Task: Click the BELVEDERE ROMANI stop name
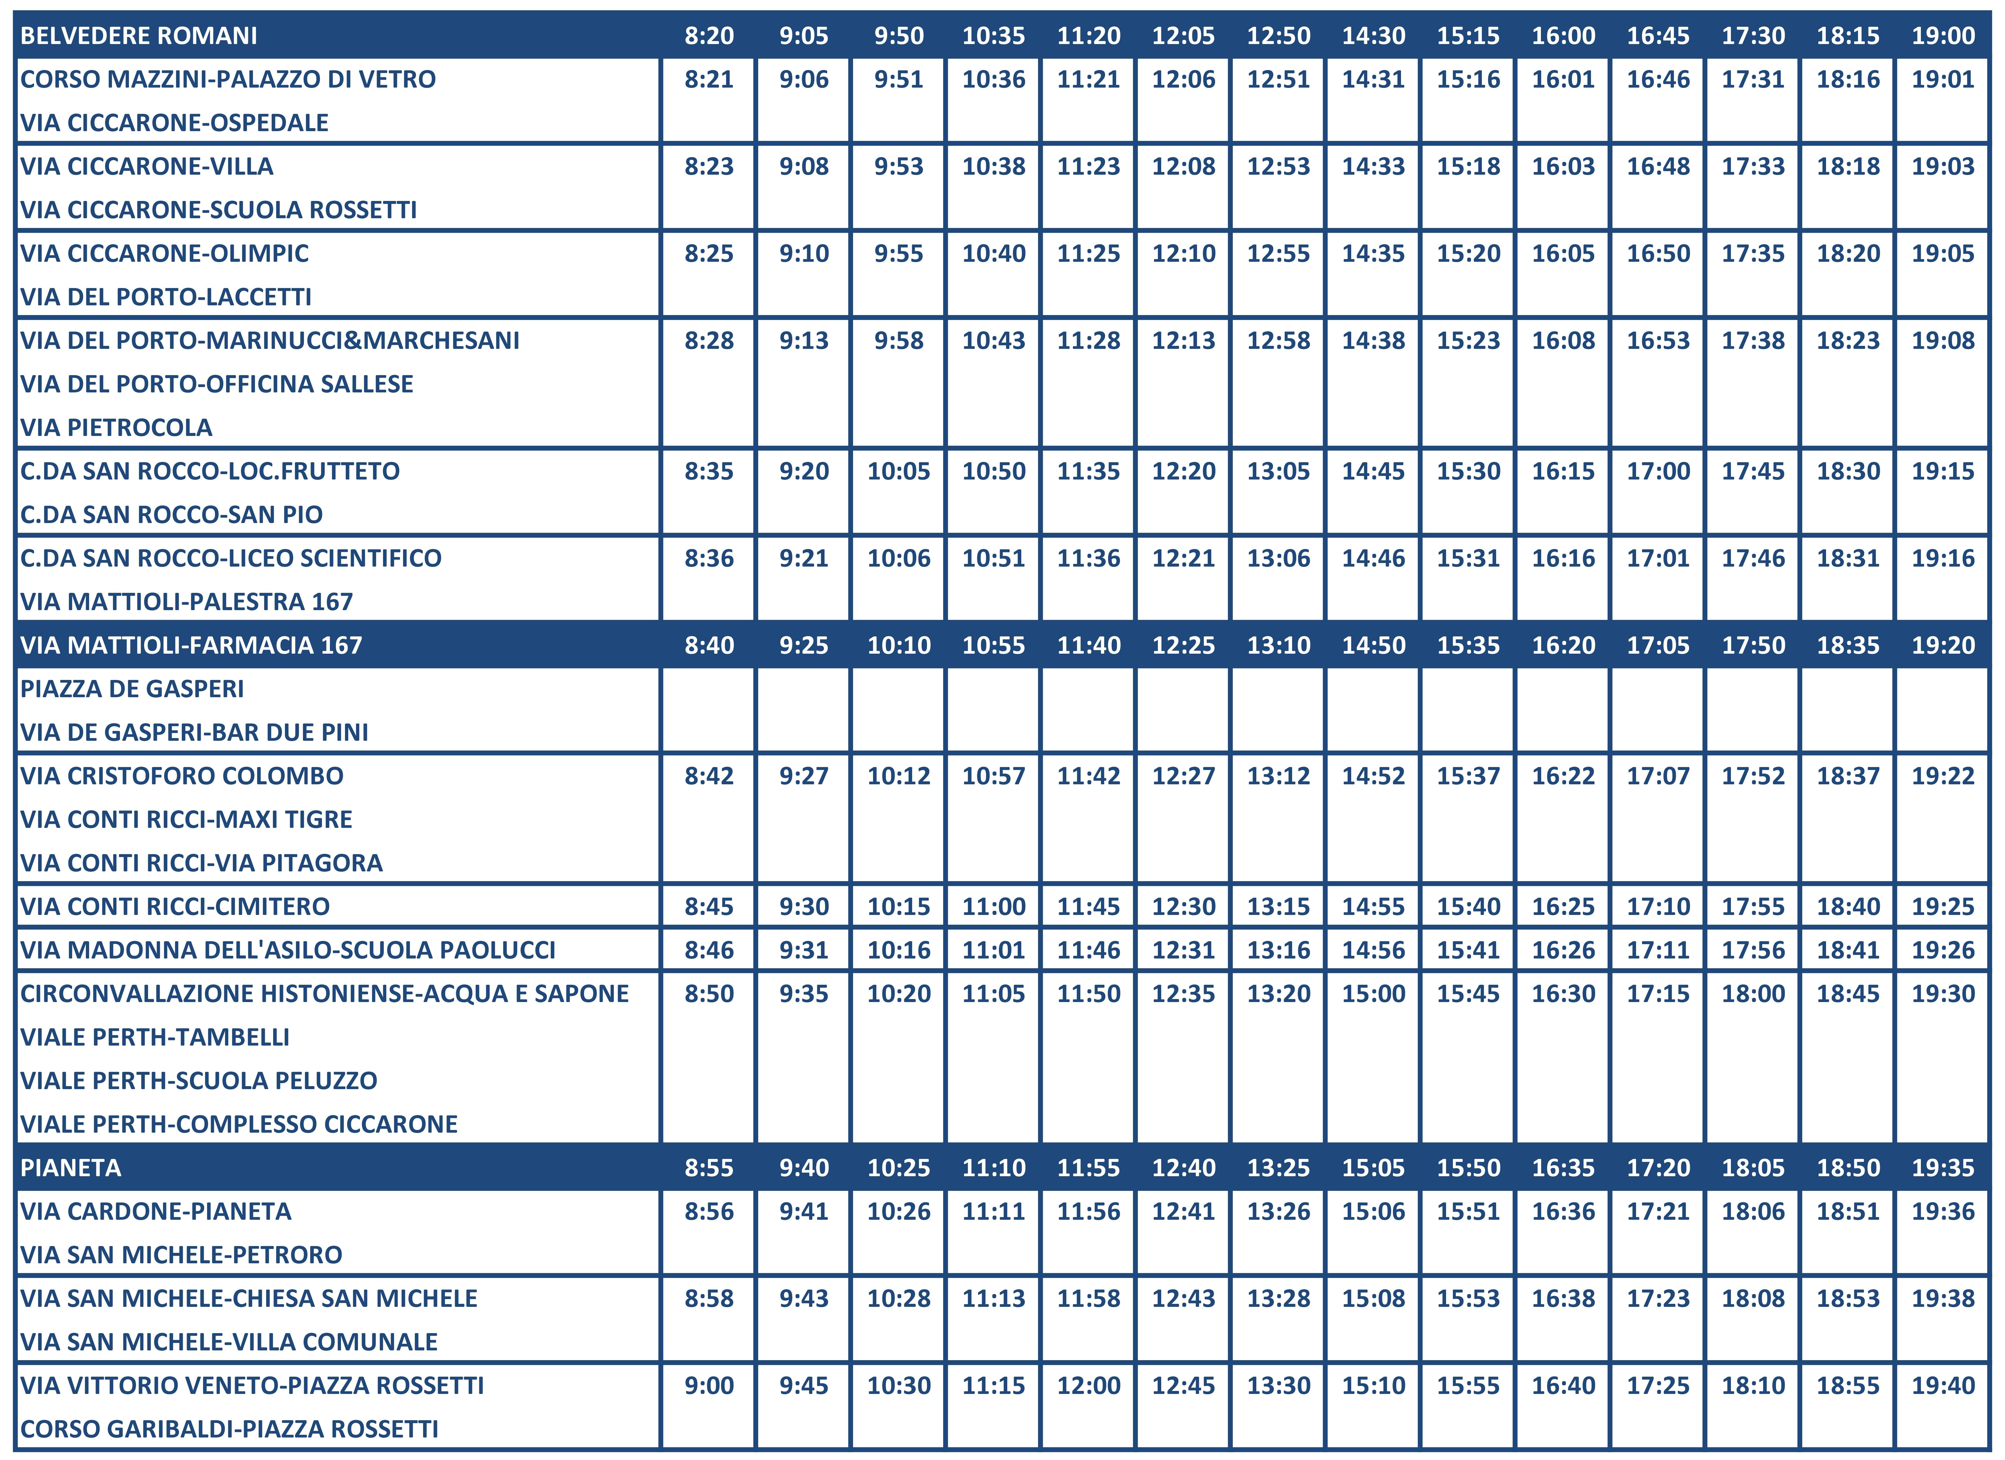point(139,35)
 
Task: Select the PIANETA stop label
point(71,1167)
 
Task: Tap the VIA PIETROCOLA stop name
point(117,428)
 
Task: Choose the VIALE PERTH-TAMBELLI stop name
point(155,1037)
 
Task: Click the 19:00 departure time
point(1943,35)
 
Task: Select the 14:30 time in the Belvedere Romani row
point(1374,35)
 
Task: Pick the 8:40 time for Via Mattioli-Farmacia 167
point(709,645)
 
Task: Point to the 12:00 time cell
point(1089,1385)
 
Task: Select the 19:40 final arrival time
point(1943,1385)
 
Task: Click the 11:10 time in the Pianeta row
point(994,1167)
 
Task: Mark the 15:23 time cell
point(1468,340)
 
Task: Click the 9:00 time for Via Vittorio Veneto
point(709,1385)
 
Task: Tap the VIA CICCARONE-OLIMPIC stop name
point(164,254)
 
